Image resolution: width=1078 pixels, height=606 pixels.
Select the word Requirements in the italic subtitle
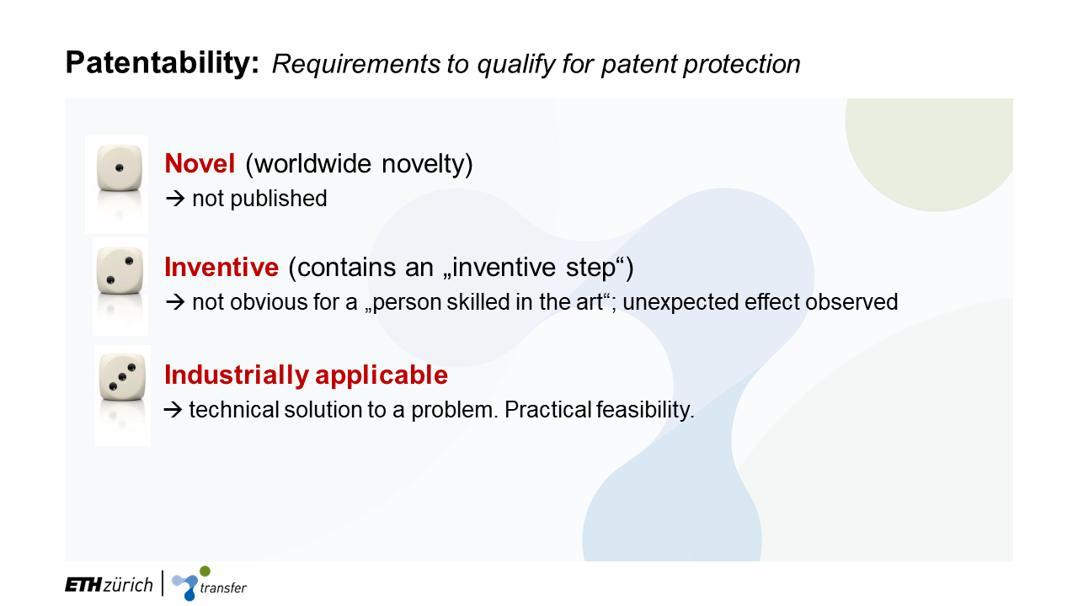(356, 65)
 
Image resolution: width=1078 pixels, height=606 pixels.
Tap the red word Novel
(200, 163)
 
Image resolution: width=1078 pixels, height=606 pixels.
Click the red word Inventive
(221, 267)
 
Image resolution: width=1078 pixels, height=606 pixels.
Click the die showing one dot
(120, 167)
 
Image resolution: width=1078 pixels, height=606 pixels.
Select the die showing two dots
(120, 270)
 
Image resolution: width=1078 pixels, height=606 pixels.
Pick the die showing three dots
(122, 376)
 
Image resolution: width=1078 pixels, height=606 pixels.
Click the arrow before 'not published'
(175, 199)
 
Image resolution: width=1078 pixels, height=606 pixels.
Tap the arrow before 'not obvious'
(175, 302)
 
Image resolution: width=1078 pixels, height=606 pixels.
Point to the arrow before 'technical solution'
(173, 410)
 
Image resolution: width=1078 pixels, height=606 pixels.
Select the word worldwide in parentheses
(312, 163)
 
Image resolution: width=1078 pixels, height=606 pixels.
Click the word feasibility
(645, 410)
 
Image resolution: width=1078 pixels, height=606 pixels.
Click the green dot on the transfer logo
(205, 571)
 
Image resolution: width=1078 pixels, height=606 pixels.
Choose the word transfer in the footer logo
(223, 587)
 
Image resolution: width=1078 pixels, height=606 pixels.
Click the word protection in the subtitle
(742, 65)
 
